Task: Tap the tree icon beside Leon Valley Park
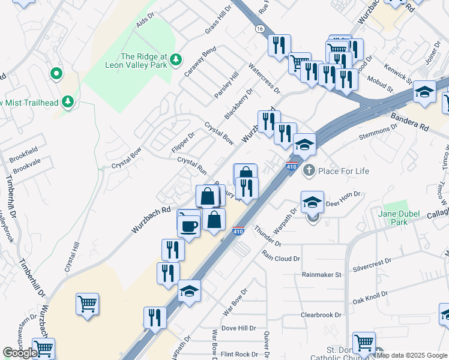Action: (176, 58)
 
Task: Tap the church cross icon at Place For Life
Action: (309, 170)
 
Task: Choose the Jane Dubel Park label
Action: (402, 217)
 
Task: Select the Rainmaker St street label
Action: (322, 274)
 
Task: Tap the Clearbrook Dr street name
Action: (321, 314)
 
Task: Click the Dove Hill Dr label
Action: (238, 328)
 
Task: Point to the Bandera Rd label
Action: (410, 121)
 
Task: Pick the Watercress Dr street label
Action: (264, 79)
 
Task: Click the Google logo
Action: (19, 353)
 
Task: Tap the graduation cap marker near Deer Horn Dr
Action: (312, 203)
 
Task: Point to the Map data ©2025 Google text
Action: (411, 355)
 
